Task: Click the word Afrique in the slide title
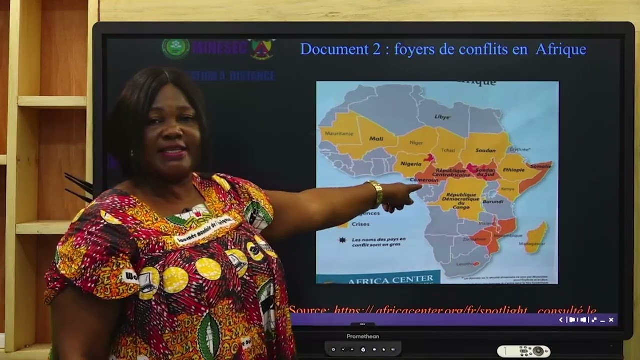pyautogui.click(x=560, y=49)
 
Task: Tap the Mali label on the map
pyautogui.click(x=376, y=139)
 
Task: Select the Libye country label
pyautogui.click(x=442, y=117)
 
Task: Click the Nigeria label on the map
pyautogui.click(x=411, y=164)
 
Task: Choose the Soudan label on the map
pyautogui.click(x=485, y=150)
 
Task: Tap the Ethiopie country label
pyautogui.click(x=513, y=170)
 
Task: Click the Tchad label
pyautogui.click(x=448, y=150)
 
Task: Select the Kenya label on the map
pyautogui.click(x=507, y=189)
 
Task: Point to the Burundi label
pyautogui.click(x=492, y=202)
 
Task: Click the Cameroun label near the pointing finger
pyautogui.click(x=424, y=180)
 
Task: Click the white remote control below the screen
pyautogui.click(x=523, y=351)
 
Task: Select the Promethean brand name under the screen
pyautogui.click(x=363, y=336)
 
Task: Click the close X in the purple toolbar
pyautogui.click(x=611, y=320)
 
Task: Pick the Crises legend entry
pyautogui.click(x=360, y=224)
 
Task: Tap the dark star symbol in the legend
pyautogui.click(x=342, y=240)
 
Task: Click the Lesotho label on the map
pyautogui.click(x=465, y=263)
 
